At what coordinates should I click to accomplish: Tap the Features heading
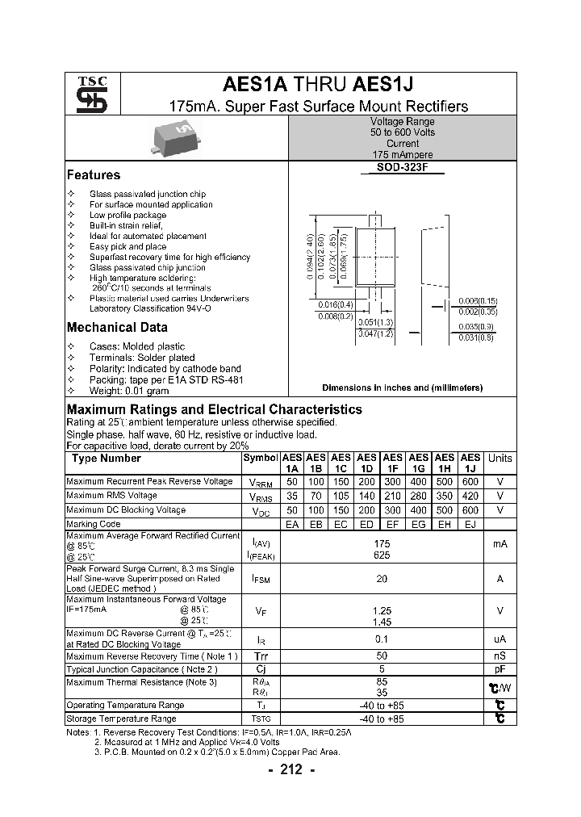click(94, 175)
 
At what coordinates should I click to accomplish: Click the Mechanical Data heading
click(117, 327)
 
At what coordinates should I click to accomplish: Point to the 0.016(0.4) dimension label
click(336, 304)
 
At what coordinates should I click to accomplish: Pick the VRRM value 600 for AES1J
click(470, 481)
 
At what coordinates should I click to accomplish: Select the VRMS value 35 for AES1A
click(291, 496)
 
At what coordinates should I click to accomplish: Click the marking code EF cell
click(393, 525)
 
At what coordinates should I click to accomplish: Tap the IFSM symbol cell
click(261, 579)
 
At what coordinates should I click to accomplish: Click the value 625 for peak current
click(382, 556)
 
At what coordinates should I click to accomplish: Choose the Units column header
click(499, 458)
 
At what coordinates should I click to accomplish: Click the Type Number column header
click(107, 458)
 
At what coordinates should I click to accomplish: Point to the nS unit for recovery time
click(499, 656)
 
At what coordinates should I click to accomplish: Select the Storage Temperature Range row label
click(121, 719)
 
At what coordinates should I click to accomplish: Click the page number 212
click(290, 770)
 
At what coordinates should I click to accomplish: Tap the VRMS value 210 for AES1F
click(393, 496)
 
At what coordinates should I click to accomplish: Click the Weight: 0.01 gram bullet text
click(129, 390)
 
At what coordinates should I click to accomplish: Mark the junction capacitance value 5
click(382, 670)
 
